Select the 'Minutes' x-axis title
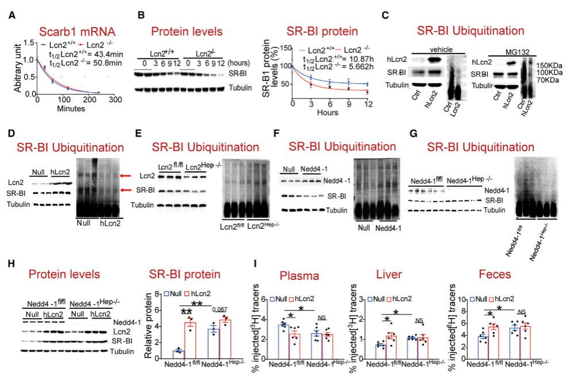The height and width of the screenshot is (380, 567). pos(71,108)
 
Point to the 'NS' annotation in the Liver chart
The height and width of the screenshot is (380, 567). pos(420,321)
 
